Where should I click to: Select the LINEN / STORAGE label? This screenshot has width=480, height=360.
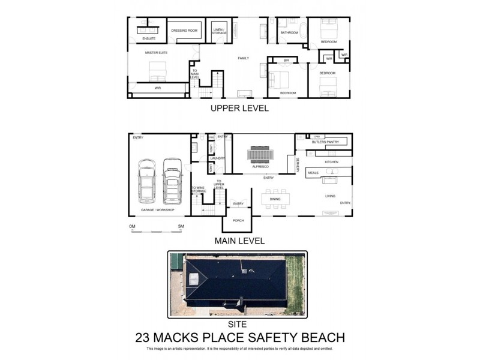pyautogui.click(x=220, y=31)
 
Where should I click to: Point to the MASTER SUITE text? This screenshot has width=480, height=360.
pyautogui.click(x=157, y=53)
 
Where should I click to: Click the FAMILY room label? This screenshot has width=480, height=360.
pyautogui.click(x=243, y=58)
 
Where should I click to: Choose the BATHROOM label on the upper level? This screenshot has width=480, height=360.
pyautogui.click(x=289, y=33)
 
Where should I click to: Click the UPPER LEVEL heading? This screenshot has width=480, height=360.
pyautogui.click(x=239, y=109)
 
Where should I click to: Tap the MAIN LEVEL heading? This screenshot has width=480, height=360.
pyautogui.click(x=239, y=241)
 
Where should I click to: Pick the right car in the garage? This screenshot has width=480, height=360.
pyautogui.click(x=172, y=179)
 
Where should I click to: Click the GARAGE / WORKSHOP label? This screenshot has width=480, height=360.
pyautogui.click(x=157, y=210)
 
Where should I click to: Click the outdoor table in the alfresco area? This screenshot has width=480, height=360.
pyautogui.click(x=260, y=154)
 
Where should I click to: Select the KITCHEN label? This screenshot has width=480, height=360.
pyautogui.click(x=332, y=163)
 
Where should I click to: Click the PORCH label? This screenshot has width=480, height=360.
pyautogui.click(x=238, y=221)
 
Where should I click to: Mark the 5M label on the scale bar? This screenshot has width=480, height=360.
pyautogui.click(x=181, y=226)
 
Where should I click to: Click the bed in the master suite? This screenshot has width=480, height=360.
pyautogui.click(x=157, y=71)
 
